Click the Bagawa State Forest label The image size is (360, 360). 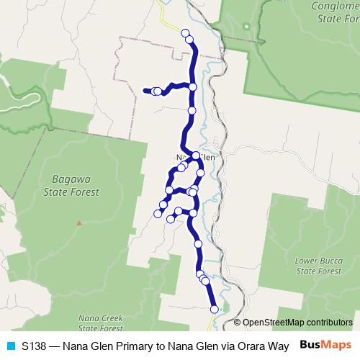[x=75, y=186]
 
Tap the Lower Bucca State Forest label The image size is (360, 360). [x=317, y=265]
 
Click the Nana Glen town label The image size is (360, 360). [x=196, y=156]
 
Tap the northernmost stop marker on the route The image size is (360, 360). [x=185, y=32]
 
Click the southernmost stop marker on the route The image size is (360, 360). [x=214, y=309]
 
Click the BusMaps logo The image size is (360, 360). [x=325, y=345]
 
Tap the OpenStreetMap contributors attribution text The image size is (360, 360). [x=297, y=323]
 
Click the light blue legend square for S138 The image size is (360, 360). [x=10, y=346]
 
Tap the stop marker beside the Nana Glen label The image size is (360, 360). [x=196, y=156]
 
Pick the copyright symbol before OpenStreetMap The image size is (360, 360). [x=238, y=323]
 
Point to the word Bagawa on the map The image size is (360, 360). [x=75, y=181]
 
